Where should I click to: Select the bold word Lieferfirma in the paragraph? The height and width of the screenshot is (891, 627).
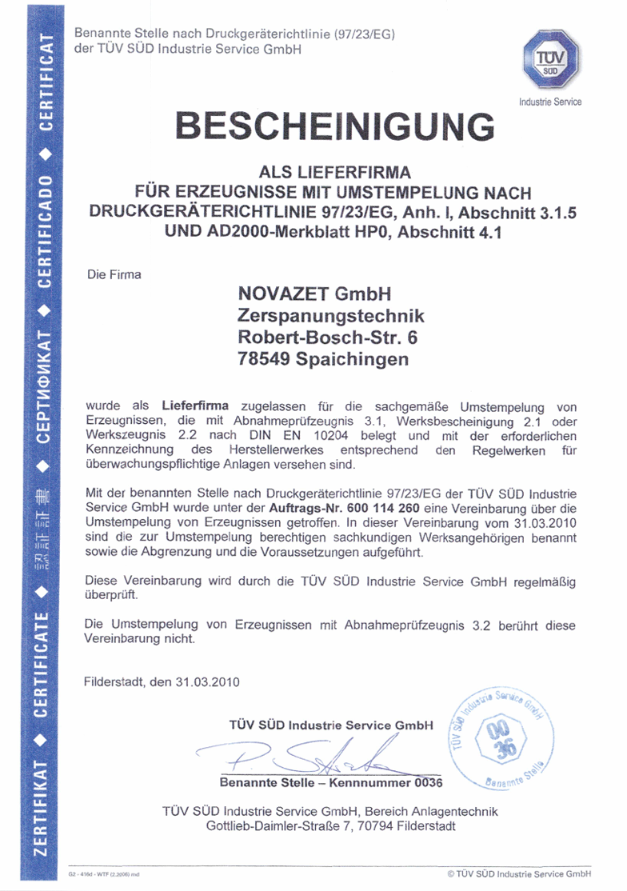point(195,406)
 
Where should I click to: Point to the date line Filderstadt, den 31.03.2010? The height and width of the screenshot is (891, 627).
point(162,682)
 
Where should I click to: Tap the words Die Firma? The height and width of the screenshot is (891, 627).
point(114,274)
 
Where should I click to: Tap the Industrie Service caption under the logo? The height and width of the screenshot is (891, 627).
point(549,102)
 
